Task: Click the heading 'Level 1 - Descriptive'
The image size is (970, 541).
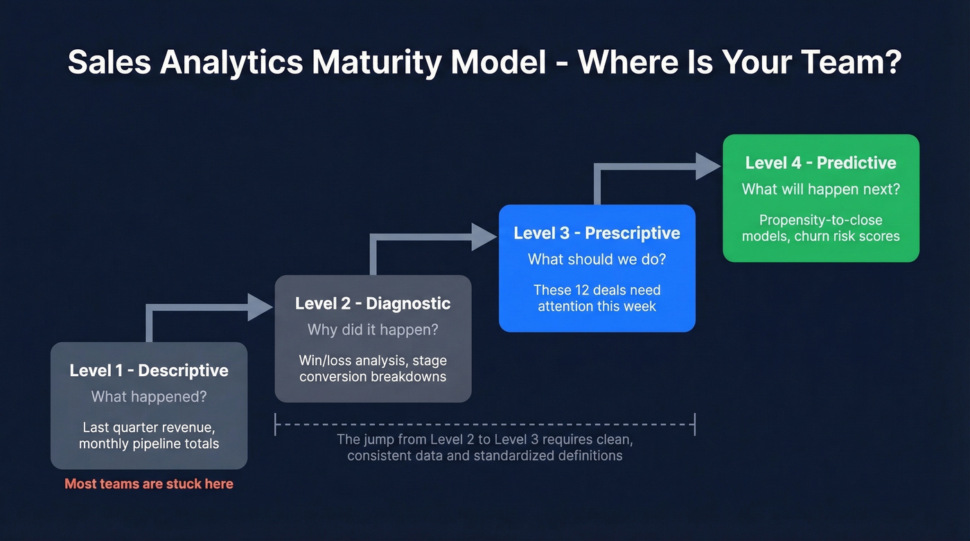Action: point(149,371)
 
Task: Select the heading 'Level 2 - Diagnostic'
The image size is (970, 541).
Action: point(373,303)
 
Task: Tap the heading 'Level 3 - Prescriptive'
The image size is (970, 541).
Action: point(597,233)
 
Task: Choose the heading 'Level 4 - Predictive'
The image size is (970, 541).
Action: point(820,163)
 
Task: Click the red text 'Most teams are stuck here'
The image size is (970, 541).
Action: point(149,484)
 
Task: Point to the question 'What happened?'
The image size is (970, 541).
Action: point(149,397)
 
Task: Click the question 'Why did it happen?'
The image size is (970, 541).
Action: point(373,330)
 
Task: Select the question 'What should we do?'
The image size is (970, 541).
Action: point(597,259)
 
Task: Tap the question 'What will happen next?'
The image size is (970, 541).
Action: point(820,189)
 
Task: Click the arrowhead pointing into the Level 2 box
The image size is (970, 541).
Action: point(262,307)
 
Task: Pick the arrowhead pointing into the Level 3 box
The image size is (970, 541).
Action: point(485,237)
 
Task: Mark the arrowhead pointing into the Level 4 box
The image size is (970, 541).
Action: point(709,166)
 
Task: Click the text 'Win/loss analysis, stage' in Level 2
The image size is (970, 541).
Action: point(373,361)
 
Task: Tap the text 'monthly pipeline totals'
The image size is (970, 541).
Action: point(149,444)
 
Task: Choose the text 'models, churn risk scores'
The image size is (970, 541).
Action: point(820,236)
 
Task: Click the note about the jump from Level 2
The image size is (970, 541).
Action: point(485,447)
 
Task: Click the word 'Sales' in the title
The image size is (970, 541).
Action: point(109,62)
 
